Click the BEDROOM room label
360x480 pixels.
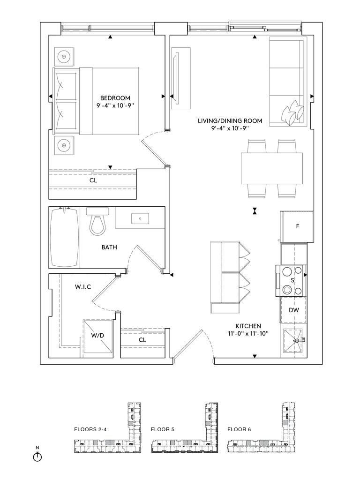click(x=115, y=98)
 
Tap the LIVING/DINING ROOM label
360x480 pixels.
click(x=230, y=121)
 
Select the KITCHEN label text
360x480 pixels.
click(x=248, y=326)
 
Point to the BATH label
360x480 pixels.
click(x=109, y=247)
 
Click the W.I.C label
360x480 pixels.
click(x=83, y=287)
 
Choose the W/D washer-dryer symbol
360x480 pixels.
click(x=97, y=338)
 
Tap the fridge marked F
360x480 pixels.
click(x=297, y=227)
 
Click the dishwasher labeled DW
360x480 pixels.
click(x=293, y=310)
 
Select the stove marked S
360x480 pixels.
click(x=291, y=280)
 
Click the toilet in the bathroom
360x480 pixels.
click(x=97, y=221)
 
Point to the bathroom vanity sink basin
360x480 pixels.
click(x=140, y=218)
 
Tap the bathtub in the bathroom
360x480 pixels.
click(x=64, y=237)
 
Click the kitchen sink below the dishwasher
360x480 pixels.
click(x=293, y=340)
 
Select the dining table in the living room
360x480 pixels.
click(x=272, y=168)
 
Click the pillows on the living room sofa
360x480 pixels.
click(x=292, y=112)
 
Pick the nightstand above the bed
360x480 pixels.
click(x=64, y=57)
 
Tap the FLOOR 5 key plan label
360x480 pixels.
click(x=163, y=429)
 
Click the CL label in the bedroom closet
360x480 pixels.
click(x=93, y=180)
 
